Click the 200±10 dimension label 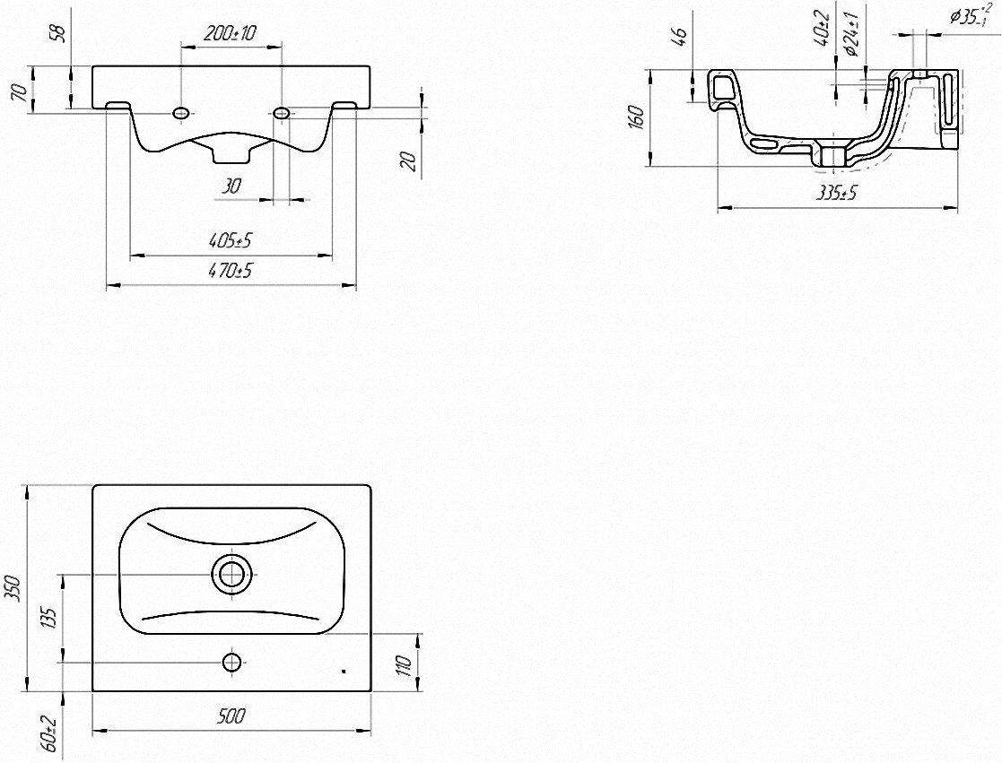[230, 32]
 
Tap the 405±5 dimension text [230, 240]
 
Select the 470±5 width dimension [230, 271]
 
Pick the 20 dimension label [410, 160]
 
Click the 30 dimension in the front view [231, 186]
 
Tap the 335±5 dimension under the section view [836, 193]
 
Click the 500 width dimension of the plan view [231, 716]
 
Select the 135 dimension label [51, 619]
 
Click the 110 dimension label [404, 664]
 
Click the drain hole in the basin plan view [232, 573]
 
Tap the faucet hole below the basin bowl [232, 662]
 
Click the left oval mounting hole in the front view [181, 113]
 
